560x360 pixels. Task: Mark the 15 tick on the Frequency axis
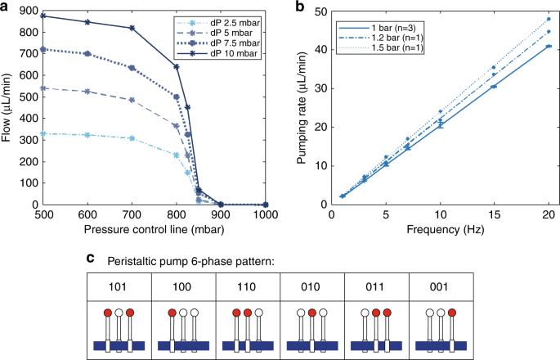click(x=493, y=214)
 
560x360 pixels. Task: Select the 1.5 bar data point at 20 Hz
click(x=548, y=19)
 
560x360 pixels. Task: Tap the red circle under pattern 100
click(x=171, y=313)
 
